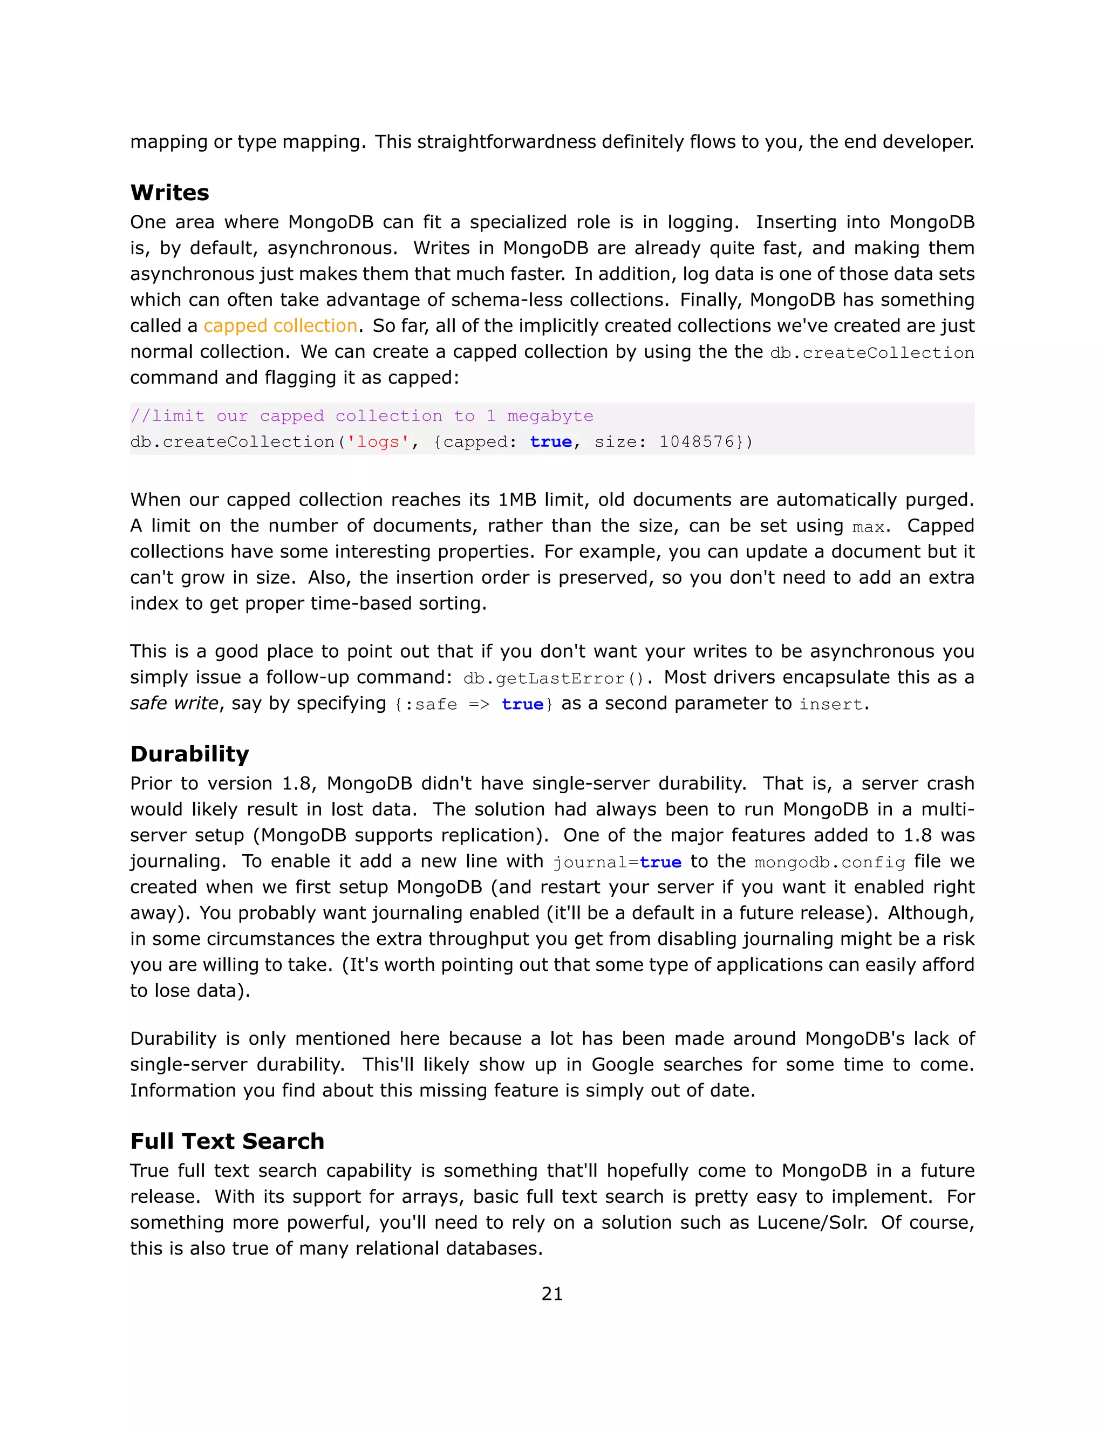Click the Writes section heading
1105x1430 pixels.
169,193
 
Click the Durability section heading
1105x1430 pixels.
189,754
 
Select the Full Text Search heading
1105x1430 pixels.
227,1141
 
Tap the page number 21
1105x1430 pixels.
552,1294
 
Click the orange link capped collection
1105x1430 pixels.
280,326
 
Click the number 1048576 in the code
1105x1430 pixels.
697,442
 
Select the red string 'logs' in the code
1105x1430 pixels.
378,442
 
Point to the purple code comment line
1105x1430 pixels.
361,416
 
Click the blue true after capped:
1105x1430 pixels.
550,442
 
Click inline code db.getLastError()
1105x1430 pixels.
553,678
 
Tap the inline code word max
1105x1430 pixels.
868,527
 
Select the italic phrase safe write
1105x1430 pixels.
174,703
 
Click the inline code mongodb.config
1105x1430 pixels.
829,862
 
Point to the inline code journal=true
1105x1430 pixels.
617,862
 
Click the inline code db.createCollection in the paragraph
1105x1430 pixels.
871,353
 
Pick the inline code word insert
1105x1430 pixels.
830,705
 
